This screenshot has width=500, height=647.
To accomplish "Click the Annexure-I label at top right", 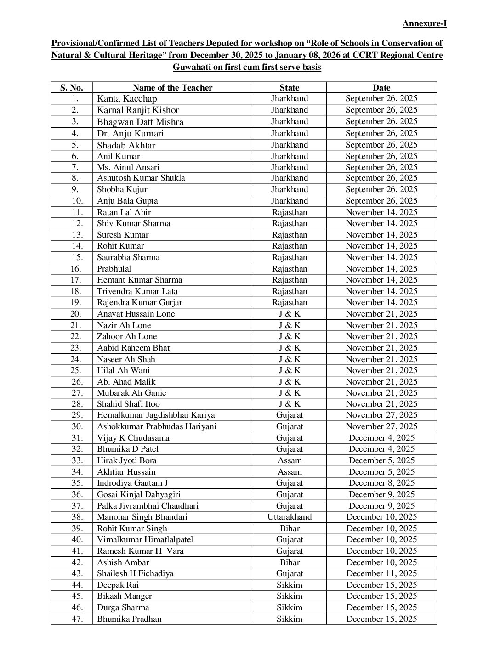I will [x=424, y=23].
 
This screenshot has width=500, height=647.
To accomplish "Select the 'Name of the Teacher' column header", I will [x=172, y=87].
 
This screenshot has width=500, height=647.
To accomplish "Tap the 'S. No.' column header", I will [x=71, y=87].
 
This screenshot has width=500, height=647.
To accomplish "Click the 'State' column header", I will [x=289, y=87].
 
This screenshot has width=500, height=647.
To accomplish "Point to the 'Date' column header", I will [x=381, y=87].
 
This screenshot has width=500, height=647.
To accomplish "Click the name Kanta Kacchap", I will [x=127, y=98].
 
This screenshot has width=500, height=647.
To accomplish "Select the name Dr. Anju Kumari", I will [x=130, y=133].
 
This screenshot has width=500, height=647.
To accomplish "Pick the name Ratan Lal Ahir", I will [x=124, y=212].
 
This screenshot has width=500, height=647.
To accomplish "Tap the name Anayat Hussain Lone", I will [x=136, y=314].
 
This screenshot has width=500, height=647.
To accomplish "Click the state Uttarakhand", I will [x=290, y=517].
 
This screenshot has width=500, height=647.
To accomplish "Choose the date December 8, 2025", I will [x=381, y=483].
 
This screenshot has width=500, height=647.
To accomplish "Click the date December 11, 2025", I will [x=381, y=573].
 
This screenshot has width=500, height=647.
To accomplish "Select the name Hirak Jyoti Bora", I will [x=126, y=460].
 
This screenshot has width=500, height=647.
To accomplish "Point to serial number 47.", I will [x=77, y=619].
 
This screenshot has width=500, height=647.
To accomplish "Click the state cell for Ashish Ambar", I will [x=290, y=562].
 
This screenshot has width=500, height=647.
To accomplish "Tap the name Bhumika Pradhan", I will [x=129, y=619].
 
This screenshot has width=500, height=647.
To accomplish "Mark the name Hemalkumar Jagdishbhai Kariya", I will [x=156, y=415].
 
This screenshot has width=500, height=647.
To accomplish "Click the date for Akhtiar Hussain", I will [x=381, y=472].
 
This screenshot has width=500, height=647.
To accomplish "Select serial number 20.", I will [x=76, y=314].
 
